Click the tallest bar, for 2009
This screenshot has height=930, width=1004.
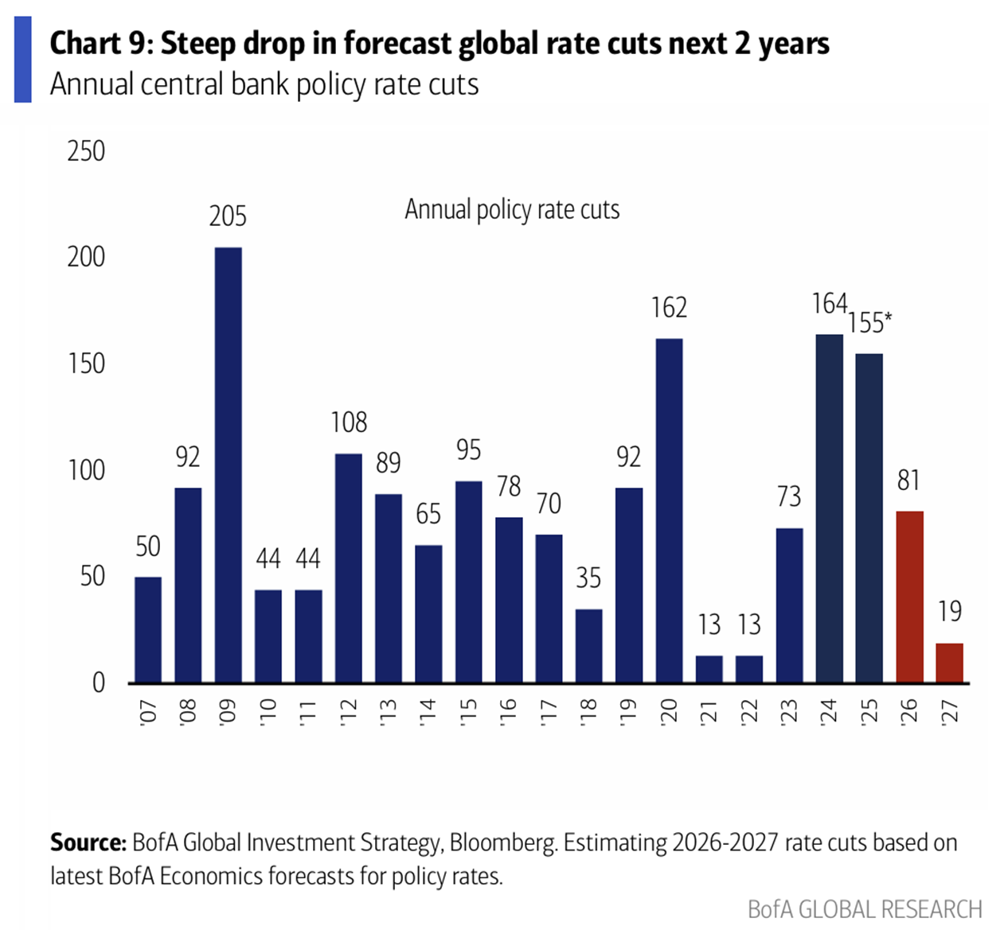(x=229, y=465)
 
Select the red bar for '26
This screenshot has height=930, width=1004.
(x=909, y=597)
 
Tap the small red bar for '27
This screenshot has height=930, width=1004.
(x=949, y=663)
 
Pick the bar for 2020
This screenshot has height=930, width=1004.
(x=669, y=510)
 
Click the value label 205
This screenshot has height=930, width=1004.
(x=228, y=216)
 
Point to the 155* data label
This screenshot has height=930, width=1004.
(x=869, y=322)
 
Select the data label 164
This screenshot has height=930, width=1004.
(x=829, y=303)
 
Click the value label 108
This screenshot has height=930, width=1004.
(x=349, y=422)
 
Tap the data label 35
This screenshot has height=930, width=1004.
(x=588, y=578)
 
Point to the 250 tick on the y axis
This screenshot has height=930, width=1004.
(x=86, y=150)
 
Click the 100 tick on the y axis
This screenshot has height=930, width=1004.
(x=86, y=470)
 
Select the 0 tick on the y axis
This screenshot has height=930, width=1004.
(x=98, y=683)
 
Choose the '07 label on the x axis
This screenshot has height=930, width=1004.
(x=148, y=710)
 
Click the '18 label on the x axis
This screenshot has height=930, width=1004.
(x=588, y=710)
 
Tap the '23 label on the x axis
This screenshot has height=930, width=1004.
(x=789, y=710)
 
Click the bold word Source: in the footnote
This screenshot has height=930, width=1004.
(x=88, y=842)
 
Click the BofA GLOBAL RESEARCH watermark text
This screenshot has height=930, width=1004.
(x=865, y=909)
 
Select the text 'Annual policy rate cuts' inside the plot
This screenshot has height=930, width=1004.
(x=512, y=209)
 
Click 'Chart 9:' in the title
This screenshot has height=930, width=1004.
(x=101, y=44)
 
